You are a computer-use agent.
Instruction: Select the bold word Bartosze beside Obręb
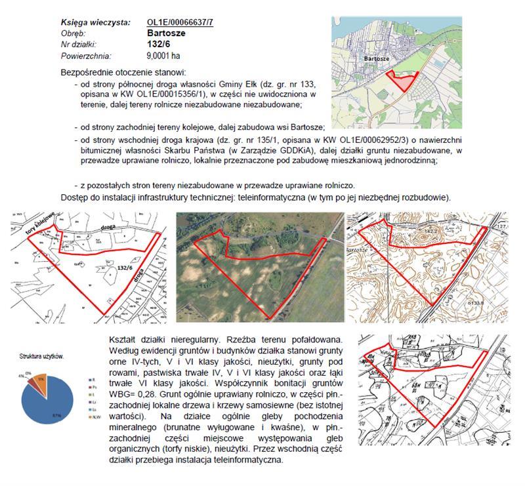(x=167, y=33)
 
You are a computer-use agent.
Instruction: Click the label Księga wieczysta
(x=94, y=23)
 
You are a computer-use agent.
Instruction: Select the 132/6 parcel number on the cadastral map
(x=127, y=267)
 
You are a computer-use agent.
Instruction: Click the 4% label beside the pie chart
(x=22, y=376)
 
